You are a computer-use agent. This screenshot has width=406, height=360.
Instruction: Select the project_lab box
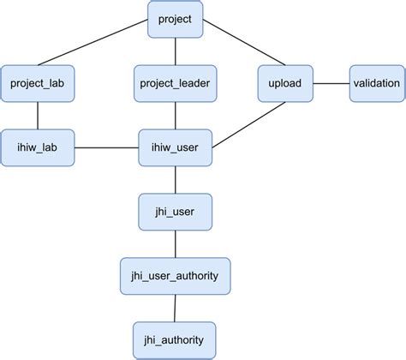click(x=37, y=83)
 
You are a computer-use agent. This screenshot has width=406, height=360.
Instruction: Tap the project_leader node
click(x=175, y=83)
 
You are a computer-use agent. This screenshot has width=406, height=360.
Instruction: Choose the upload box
click(x=284, y=83)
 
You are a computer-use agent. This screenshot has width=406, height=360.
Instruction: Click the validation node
click(x=376, y=83)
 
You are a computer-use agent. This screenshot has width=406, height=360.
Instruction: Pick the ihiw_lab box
click(x=37, y=147)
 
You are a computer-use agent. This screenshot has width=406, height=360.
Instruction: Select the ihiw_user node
click(x=175, y=147)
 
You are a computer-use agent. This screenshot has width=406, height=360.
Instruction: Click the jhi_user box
click(x=175, y=211)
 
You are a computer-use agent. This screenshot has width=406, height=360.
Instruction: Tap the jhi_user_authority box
click(x=175, y=275)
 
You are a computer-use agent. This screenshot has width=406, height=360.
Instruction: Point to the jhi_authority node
click(x=175, y=339)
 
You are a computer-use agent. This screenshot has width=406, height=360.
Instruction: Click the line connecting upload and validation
click(x=330, y=83)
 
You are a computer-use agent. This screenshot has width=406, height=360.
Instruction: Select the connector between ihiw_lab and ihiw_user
click(x=106, y=147)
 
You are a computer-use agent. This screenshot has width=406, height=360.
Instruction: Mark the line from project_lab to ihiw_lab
click(x=37, y=116)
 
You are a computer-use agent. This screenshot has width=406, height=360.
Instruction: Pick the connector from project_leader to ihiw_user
click(x=175, y=116)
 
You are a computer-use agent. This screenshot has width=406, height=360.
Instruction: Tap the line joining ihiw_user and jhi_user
click(x=175, y=179)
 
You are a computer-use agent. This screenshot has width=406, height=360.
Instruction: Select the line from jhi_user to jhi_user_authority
click(x=175, y=243)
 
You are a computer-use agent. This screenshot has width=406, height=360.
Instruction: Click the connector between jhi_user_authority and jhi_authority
click(x=175, y=308)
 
